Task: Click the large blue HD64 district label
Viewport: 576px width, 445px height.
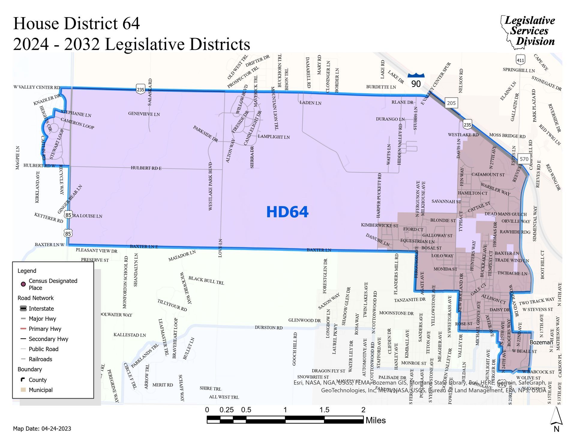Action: [287, 212]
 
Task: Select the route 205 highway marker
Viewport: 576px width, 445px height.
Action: [451, 103]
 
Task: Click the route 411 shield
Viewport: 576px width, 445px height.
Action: [520, 60]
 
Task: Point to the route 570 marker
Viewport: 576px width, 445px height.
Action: [524, 159]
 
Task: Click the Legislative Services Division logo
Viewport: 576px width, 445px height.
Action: [528, 31]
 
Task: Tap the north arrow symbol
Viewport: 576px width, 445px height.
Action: [556, 420]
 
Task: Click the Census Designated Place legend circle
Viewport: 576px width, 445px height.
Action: [23, 284]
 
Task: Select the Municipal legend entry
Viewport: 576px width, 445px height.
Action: [40, 390]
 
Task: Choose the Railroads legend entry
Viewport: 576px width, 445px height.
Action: [40, 359]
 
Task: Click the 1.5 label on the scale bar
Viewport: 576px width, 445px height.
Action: [324, 410]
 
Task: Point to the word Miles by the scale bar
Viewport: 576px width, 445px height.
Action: [375, 420]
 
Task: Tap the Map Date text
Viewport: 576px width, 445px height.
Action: [42, 429]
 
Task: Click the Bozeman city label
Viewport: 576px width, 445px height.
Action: [540, 342]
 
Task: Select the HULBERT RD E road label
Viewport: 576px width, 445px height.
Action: [146, 168]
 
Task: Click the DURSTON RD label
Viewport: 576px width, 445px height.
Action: [268, 327]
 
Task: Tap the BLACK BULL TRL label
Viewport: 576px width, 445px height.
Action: [206, 280]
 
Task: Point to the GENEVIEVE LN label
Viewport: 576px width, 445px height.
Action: [144, 114]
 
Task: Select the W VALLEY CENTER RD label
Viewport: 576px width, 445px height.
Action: [37, 87]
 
